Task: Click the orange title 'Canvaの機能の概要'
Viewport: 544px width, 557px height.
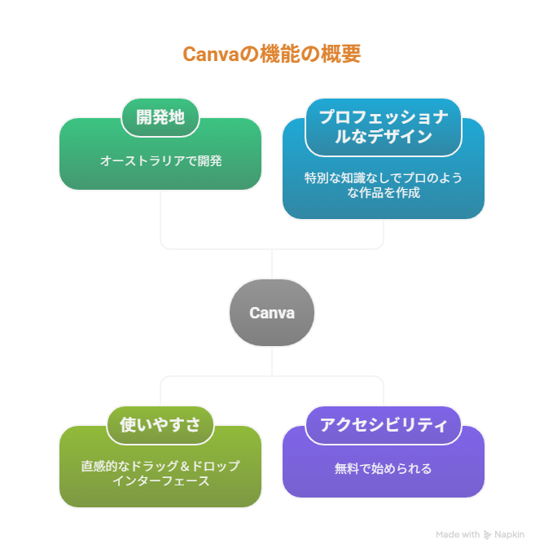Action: [x=271, y=55]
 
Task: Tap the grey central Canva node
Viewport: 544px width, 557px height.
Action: [x=271, y=313]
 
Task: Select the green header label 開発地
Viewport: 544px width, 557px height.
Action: [x=160, y=117]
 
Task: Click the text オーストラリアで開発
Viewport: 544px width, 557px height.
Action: [x=160, y=160]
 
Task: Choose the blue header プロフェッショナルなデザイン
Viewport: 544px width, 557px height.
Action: [x=383, y=127]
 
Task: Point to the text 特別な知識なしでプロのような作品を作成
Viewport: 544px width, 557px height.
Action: [x=383, y=185]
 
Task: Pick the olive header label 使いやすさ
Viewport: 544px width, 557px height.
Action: [x=160, y=424]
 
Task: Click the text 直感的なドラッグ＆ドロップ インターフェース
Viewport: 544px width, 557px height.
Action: [x=160, y=473]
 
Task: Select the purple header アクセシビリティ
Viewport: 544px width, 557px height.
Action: [x=383, y=424]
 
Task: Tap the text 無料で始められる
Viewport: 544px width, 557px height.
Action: [x=383, y=468]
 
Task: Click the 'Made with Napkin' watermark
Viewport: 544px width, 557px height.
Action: [x=480, y=535]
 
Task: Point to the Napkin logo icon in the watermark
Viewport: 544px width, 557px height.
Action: [x=487, y=535]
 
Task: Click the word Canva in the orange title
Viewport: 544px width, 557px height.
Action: [x=209, y=55]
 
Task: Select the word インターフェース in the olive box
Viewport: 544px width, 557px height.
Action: [x=160, y=480]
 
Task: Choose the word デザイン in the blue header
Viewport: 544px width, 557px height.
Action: [x=405, y=137]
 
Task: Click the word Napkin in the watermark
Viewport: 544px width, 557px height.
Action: [x=509, y=535]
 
